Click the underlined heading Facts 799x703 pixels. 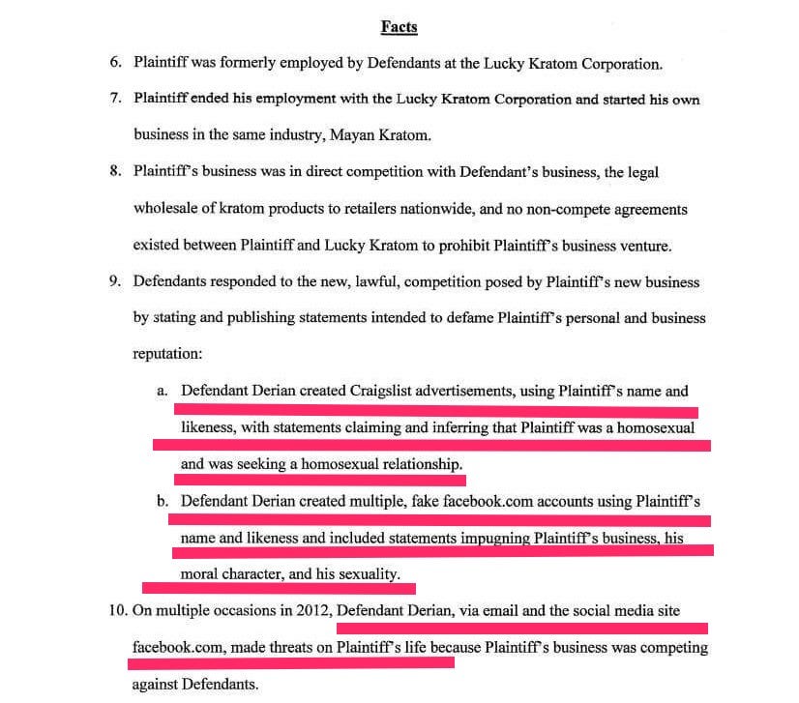point(399,27)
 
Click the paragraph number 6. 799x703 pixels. point(115,64)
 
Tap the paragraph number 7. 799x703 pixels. point(115,100)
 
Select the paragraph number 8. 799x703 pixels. point(115,172)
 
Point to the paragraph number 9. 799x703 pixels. point(115,281)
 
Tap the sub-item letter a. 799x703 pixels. point(163,391)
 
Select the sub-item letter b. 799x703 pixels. point(163,501)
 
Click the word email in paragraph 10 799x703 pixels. point(474,610)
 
